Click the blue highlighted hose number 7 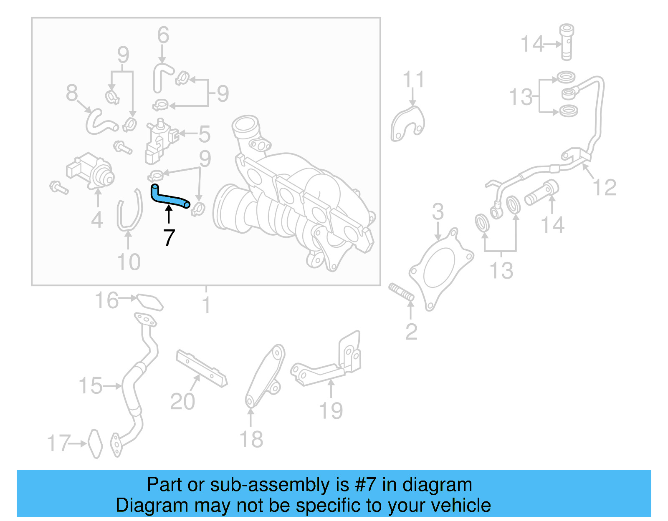pyautogui.click(x=169, y=198)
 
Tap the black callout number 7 pyautogui.click(x=169, y=238)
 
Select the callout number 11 pyautogui.click(x=413, y=80)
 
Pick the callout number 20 pyautogui.click(x=182, y=402)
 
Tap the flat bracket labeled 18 pyautogui.click(x=264, y=375)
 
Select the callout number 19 pyautogui.click(x=331, y=411)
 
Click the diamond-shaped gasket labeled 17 pyautogui.click(x=95, y=444)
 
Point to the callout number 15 pyautogui.click(x=91, y=386)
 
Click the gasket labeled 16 pyautogui.click(x=149, y=302)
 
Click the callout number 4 pyautogui.click(x=97, y=220)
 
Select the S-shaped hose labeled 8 pyautogui.click(x=99, y=122)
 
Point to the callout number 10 pyautogui.click(x=128, y=262)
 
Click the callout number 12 pyautogui.click(x=605, y=188)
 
